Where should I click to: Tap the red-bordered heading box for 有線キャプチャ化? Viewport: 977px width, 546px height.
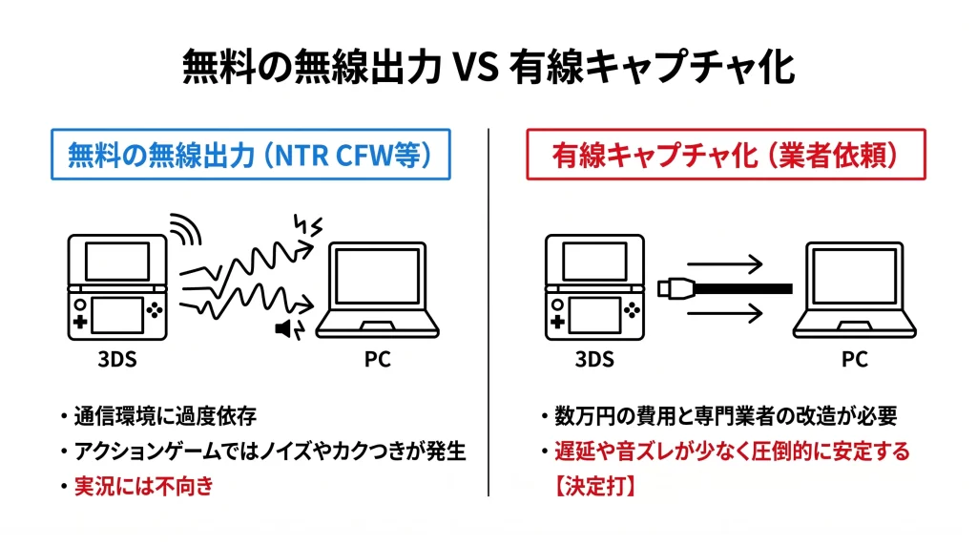pos(725,156)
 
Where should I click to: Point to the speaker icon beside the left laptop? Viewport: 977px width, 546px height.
pos(284,329)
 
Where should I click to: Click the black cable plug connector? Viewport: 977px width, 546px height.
pos(674,287)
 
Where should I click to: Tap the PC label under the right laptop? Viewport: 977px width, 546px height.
pos(854,360)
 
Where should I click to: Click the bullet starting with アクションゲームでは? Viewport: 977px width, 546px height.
pos(267,451)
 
